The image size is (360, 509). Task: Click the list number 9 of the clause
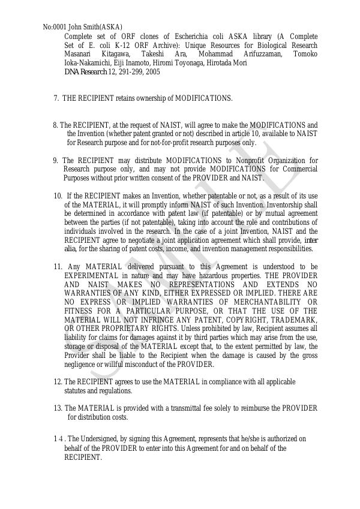coord(55,161)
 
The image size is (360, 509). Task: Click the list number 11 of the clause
coord(58,267)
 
